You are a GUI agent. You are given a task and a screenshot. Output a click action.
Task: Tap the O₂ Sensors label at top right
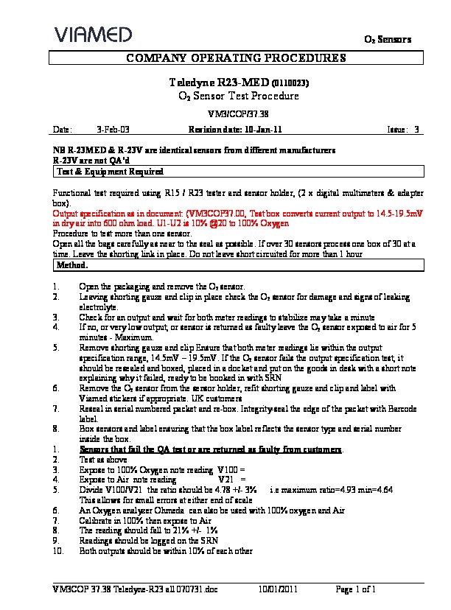tap(390, 38)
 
